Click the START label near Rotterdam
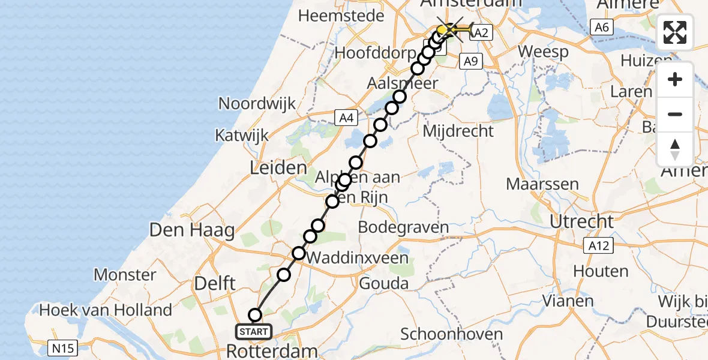(254, 331)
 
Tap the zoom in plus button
(675, 80)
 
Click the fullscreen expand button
(675, 32)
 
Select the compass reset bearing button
(675, 149)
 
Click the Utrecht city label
(582, 221)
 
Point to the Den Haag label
(192, 230)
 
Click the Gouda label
(383, 283)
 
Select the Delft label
(215, 283)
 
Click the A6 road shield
(602, 26)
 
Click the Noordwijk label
(257, 103)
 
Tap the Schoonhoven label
(443, 334)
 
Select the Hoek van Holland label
(106, 310)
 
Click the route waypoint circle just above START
(255, 315)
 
